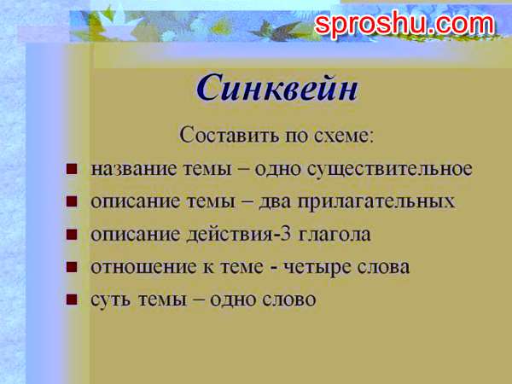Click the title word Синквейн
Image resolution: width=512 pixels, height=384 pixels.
point(276,87)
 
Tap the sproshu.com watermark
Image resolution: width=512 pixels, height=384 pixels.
point(404,25)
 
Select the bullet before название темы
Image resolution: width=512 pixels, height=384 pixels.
point(72,169)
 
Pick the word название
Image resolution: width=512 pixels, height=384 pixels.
point(129,168)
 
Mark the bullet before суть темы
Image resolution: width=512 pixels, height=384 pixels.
point(72,300)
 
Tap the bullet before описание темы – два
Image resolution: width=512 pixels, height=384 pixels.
point(72,202)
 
